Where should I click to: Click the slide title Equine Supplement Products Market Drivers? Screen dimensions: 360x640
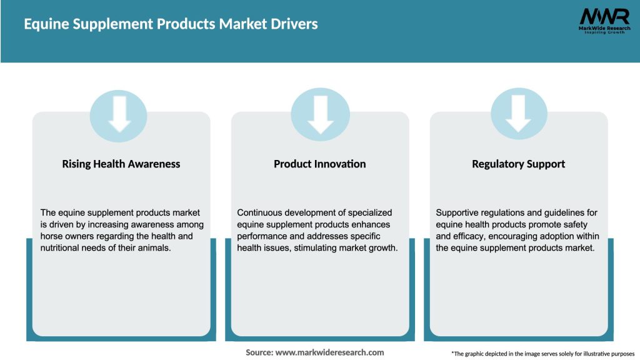tap(171, 24)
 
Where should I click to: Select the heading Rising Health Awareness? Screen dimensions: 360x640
tap(121, 164)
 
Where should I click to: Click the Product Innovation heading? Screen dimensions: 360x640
tap(320, 164)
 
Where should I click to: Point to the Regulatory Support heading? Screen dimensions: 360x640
tap(519, 164)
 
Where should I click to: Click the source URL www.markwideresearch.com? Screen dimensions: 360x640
tap(329, 352)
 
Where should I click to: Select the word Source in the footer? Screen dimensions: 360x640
tap(259, 352)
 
